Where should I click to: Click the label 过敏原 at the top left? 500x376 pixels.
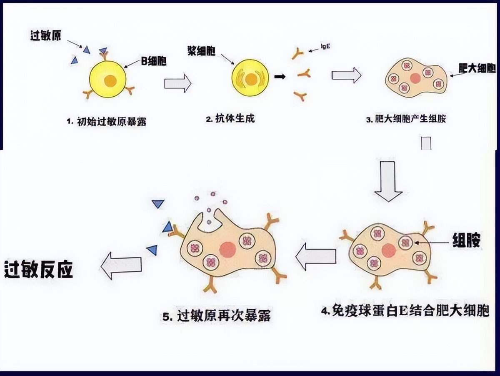click(45, 36)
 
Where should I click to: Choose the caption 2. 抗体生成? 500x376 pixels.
click(230, 119)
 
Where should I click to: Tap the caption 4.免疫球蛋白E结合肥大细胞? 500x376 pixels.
click(405, 311)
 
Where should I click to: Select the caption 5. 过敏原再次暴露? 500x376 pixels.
click(217, 316)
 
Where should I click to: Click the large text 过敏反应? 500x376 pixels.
click(38, 270)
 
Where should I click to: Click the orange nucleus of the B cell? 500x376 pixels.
click(110, 81)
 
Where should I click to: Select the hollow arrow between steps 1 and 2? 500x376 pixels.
click(177, 83)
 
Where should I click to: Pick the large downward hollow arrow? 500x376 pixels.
click(388, 179)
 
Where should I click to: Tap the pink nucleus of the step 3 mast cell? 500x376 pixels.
click(415, 78)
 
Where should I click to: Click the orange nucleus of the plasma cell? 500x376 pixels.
click(251, 79)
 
